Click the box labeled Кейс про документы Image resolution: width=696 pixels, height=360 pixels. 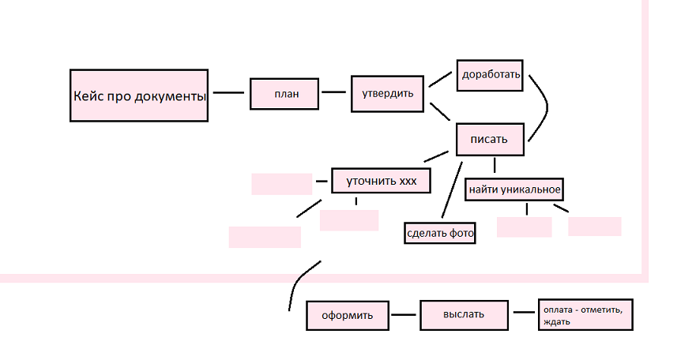coord(139,96)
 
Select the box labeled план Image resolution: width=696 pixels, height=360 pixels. coord(285,93)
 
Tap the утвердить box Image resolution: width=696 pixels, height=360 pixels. coord(387,93)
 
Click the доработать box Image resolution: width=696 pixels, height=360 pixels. coord(491,75)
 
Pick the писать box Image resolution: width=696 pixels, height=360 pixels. coord(491,139)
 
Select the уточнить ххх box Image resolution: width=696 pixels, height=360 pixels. coord(381,181)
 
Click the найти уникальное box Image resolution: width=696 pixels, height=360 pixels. coord(514,189)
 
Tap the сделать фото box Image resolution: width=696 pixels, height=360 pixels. coord(439,233)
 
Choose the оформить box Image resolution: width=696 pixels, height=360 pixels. coord(347,316)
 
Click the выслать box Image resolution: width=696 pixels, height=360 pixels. coord(463,315)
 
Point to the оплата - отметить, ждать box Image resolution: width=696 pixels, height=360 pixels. coord(585,314)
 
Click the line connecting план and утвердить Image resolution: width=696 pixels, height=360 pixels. coord(335,92)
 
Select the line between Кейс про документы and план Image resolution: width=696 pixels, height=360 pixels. coord(229,93)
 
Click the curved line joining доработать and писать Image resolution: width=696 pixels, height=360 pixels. coord(544,107)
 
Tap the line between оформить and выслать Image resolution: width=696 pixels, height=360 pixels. coord(404,316)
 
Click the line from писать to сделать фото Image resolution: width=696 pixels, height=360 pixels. coord(451,190)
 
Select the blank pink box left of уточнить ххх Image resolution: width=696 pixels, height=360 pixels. coord(282,184)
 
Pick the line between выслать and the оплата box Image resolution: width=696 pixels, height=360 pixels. coord(524,312)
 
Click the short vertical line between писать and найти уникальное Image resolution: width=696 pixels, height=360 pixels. coord(495,164)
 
